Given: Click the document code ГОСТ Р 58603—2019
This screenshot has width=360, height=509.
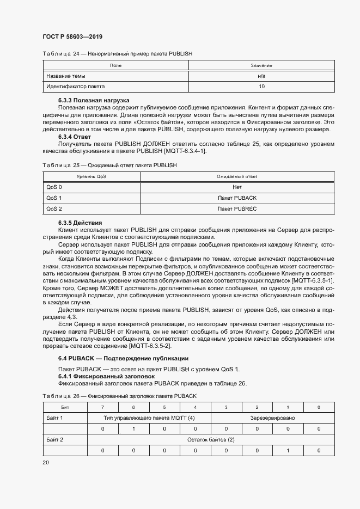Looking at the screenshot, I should coord(72,36).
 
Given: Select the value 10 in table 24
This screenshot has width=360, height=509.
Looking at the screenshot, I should coord(261,87).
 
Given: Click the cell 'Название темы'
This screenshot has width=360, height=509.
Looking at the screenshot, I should coord(66,76).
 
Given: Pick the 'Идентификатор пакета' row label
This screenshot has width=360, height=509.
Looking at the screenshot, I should coord(76,87).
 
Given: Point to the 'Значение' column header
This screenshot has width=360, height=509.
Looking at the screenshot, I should coord(261,65).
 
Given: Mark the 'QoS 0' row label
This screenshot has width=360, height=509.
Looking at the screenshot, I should coord(54,187).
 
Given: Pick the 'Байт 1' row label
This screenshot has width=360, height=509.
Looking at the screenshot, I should coord(55,418).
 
